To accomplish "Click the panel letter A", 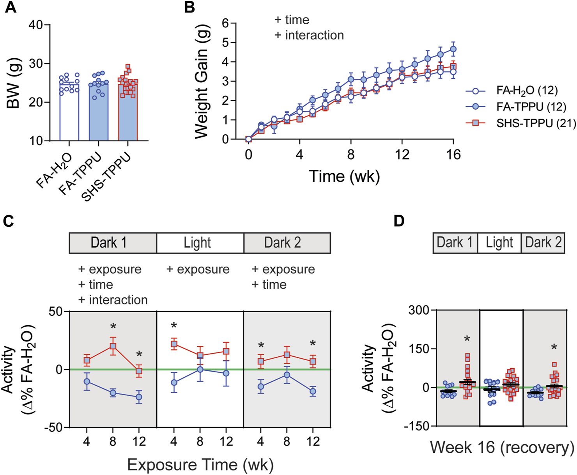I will tap(11, 7).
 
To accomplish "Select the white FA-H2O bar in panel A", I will tap(69, 113).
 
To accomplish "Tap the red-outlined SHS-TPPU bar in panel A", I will tap(128, 113).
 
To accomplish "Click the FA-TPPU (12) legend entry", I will tap(526, 107).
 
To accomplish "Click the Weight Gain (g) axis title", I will tap(202, 81).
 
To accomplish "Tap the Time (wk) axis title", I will tap(344, 176).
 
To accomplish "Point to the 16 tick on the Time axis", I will tap(453, 155).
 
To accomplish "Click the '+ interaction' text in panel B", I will tap(309, 35).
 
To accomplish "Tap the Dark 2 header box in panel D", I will tap(543, 242).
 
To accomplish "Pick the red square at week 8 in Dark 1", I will tap(113, 346).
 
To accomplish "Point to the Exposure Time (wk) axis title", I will tap(200, 465).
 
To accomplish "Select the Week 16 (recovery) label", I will tap(502, 447).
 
